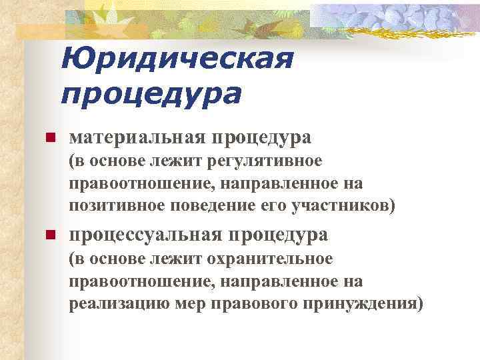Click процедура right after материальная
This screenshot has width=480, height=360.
point(261,138)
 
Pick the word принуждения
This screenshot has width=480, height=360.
point(353,303)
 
